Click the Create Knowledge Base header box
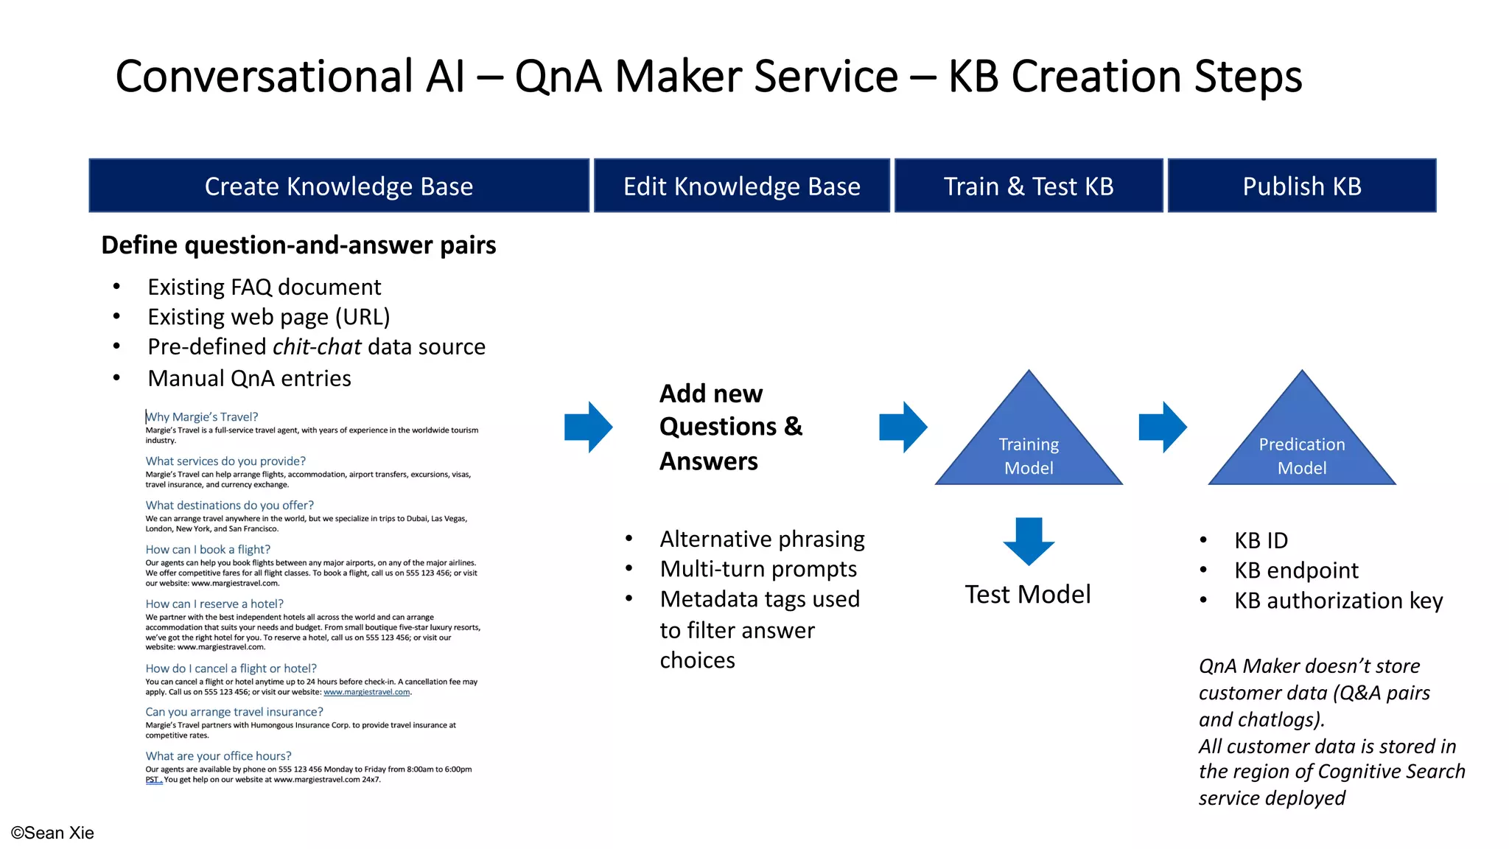click(x=339, y=186)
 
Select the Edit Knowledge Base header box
click(x=741, y=186)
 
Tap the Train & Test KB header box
click(x=1029, y=186)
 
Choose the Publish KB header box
click(x=1302, y=186)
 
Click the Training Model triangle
click(x=1029, y=450)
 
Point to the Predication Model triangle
click(x=1302, y=450)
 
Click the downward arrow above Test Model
click(x=1029, y=540)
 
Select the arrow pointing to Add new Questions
click(x=588, y=427)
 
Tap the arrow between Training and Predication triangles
click(x=1162, y=427)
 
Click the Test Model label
click(x=1028, y=594)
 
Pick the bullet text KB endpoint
click(x=1296, y=570)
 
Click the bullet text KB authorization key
click(x=1338, y=601)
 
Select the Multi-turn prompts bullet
click(x=758, y=569)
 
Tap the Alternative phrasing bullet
click(x=762, y=539)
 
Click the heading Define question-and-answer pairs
click(x=298, y=245)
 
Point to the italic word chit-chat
click(x=317, y=346)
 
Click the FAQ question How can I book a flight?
click(x=208, y=550)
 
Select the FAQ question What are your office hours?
click(x=218, y=756)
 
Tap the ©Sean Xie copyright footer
click(x=52, y=833)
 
